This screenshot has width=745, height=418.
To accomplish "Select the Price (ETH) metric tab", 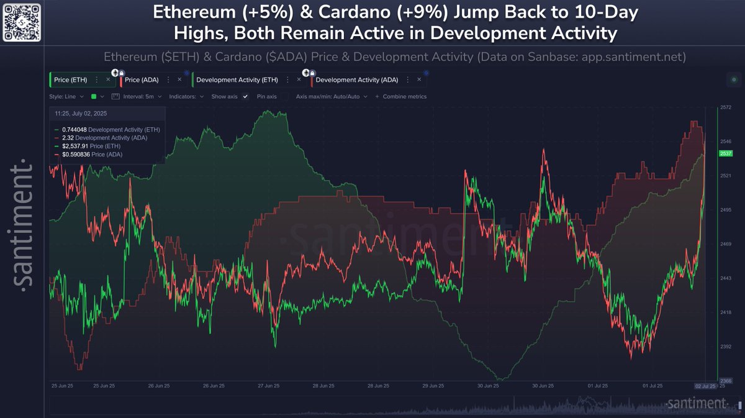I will pos(71,80).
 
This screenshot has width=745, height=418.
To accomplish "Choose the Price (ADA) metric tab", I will pos(142,80).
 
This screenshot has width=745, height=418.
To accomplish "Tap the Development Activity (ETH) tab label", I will pos(237,80).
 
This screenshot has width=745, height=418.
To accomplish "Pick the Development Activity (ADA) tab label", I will pos(357,80).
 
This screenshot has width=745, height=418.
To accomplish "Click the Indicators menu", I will pos(186,97).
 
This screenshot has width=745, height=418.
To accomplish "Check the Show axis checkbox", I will pos(245,97).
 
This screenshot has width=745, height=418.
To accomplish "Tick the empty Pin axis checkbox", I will pos(284,97).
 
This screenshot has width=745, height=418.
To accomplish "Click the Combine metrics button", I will pos(404,97).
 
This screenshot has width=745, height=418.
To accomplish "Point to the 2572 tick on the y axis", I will pos(725,108).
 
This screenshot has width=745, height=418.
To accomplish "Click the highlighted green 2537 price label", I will pos(725,153).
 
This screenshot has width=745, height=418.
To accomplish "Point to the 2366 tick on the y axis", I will pos(725,381).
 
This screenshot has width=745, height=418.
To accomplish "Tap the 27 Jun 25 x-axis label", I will pos(268,386).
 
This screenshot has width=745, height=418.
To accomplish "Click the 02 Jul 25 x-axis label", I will pos(706,386).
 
